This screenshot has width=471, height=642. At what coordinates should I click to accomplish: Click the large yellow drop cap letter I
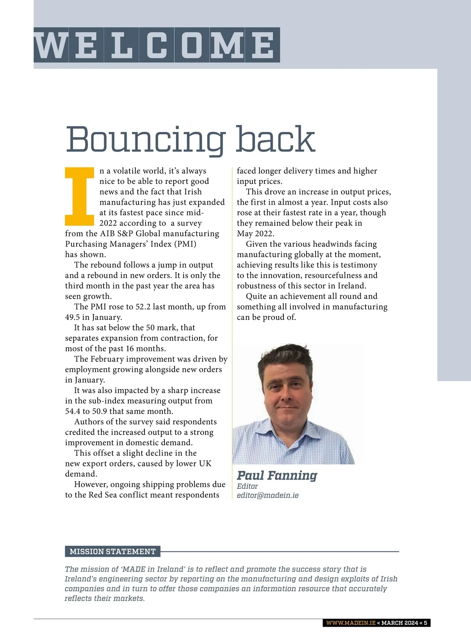point(80,196)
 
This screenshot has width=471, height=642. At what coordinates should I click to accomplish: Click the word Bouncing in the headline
point(145,139)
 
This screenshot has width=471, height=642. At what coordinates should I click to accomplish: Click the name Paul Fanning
point(277,476)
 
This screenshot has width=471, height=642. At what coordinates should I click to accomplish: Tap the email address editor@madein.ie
point(268,495)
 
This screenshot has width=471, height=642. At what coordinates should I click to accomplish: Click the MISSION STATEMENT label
point(113,552)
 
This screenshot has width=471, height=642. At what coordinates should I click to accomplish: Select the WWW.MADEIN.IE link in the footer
point(351,623)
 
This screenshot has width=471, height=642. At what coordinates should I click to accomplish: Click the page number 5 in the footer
point(425,623)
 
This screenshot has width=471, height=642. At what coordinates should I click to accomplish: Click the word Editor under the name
point(247,486)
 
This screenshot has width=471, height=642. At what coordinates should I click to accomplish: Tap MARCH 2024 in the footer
point(400,623)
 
